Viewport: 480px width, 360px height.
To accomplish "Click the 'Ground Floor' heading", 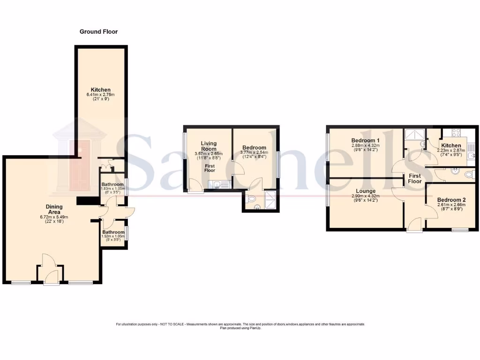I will pos(98,32).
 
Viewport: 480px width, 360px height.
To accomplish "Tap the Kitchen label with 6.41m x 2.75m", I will pos(101,90).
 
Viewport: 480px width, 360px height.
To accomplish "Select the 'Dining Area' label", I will pos(54,209).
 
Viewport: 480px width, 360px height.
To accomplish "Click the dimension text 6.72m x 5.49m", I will pos(54,217).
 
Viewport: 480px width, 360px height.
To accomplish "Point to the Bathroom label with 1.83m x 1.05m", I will pos(113,185).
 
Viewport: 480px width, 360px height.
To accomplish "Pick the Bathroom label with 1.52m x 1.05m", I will pos(113,232).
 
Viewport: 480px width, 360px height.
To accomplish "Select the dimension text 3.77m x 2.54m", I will pos(254,152).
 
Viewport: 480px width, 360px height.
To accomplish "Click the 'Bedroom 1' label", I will pos(365,141).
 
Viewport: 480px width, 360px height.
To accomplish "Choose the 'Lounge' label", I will pos(365,191).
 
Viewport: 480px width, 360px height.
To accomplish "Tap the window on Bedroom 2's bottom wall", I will pos(460,230).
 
